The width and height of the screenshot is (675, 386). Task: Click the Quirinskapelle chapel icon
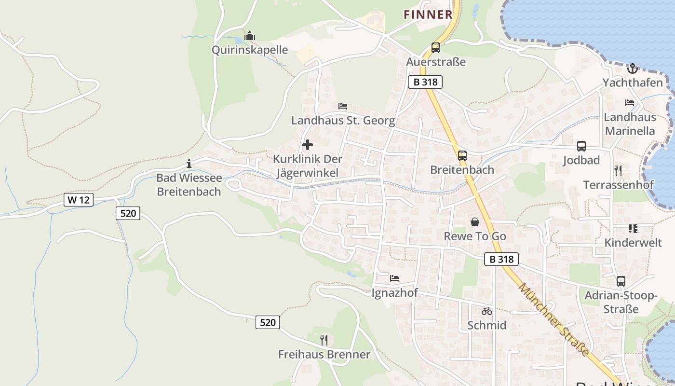(x=250, y=36)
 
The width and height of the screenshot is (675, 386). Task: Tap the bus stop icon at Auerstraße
(x=436, y=48)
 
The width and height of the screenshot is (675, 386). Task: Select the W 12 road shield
(x=78, y=200)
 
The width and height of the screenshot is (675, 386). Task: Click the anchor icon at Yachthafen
(x=632, y=69)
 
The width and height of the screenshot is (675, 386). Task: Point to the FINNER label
(x=428, y=14)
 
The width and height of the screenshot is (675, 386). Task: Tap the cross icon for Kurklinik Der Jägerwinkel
(x=307, y=145)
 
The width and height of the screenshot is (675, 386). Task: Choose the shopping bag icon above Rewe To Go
(x=475, y=222)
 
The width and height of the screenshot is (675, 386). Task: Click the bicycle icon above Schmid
(x=486, y=312)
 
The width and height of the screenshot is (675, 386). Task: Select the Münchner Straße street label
(x=554, y=319)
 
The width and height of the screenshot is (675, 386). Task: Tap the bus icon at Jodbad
(x=581, y=146)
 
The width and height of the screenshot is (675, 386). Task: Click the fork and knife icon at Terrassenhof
(x=618, y=170)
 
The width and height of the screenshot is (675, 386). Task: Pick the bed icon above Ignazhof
(x=394, y=278)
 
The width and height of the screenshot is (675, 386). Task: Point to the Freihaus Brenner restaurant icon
(x=324, y=340)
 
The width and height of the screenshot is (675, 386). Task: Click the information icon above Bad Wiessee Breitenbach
(x=189, y=164)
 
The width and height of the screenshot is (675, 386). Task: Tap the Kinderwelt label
(x=633, y=243)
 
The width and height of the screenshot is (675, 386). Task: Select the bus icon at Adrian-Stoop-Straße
(x=621, y=281)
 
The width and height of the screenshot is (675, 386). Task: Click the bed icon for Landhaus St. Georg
(x=343, y=106)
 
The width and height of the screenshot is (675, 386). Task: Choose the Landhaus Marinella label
(x=630, y=124)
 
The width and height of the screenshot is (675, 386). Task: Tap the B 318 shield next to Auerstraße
(x=425, y=82)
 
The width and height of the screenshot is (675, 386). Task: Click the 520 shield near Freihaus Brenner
(x=268, y=322)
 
